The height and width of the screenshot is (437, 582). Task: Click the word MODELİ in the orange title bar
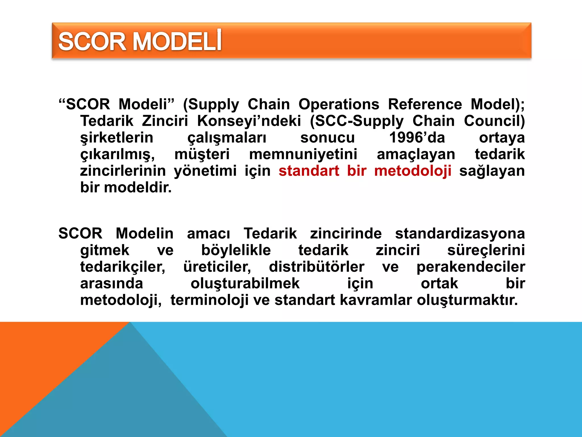coord(177,42)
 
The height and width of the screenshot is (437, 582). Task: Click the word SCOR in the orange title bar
coord(92,42)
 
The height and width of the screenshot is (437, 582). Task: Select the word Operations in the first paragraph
coord(339,104)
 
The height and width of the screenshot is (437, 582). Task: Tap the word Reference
coord(425,104)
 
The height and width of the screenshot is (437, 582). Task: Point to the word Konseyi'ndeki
coord(249,121)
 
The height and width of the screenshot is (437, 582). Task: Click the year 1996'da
coord(417,138)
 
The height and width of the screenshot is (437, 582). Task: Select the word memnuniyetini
coord(303,154)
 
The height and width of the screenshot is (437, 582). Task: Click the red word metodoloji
coord(413,171)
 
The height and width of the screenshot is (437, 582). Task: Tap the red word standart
coord(309,171)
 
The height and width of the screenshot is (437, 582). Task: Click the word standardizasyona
coord(460,233)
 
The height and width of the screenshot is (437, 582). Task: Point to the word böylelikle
coord(236,250)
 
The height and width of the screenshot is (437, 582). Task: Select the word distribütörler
coord(317,267)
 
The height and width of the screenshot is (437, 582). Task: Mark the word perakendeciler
coord(471,267)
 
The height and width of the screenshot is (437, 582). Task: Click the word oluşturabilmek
coord(245,283)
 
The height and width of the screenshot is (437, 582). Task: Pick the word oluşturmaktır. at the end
coord(467,300)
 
